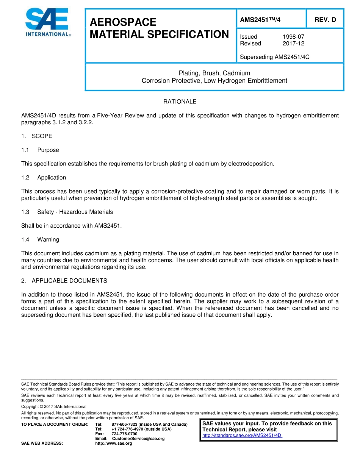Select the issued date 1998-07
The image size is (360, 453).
(293, 37)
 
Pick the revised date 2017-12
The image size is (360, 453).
(293, 44)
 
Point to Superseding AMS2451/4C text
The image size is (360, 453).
(275, 57)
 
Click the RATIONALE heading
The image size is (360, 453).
(180, 102)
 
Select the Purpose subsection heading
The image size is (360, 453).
(48, 150)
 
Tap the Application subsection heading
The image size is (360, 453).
(52, 178)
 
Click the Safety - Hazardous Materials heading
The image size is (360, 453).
(75, 212)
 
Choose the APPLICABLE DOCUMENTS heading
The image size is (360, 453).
(69, 281)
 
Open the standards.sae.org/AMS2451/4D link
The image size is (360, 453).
(242, 436)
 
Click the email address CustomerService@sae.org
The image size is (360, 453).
(138, 439)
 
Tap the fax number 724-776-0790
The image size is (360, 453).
(124, 434)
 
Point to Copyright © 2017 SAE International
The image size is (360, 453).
(54, 407)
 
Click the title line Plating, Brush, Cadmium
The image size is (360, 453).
(214, 73)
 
